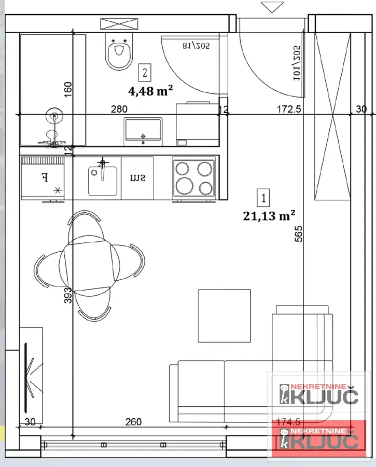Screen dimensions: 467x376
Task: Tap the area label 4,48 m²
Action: [x=151, y=91]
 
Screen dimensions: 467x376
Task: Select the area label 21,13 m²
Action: [x=269, y=215]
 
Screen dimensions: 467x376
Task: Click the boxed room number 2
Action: [x=146, y=73]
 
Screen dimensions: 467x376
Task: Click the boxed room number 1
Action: [x=264, y=198]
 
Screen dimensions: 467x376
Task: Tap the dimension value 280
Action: [x=119, y=109]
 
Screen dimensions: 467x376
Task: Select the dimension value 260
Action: [x=133, y=422]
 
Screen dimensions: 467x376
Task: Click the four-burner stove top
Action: [x=194, y=177]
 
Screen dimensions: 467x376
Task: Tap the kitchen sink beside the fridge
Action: [x=103, y=178]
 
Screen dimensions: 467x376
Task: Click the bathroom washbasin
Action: [x=143, y=131]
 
